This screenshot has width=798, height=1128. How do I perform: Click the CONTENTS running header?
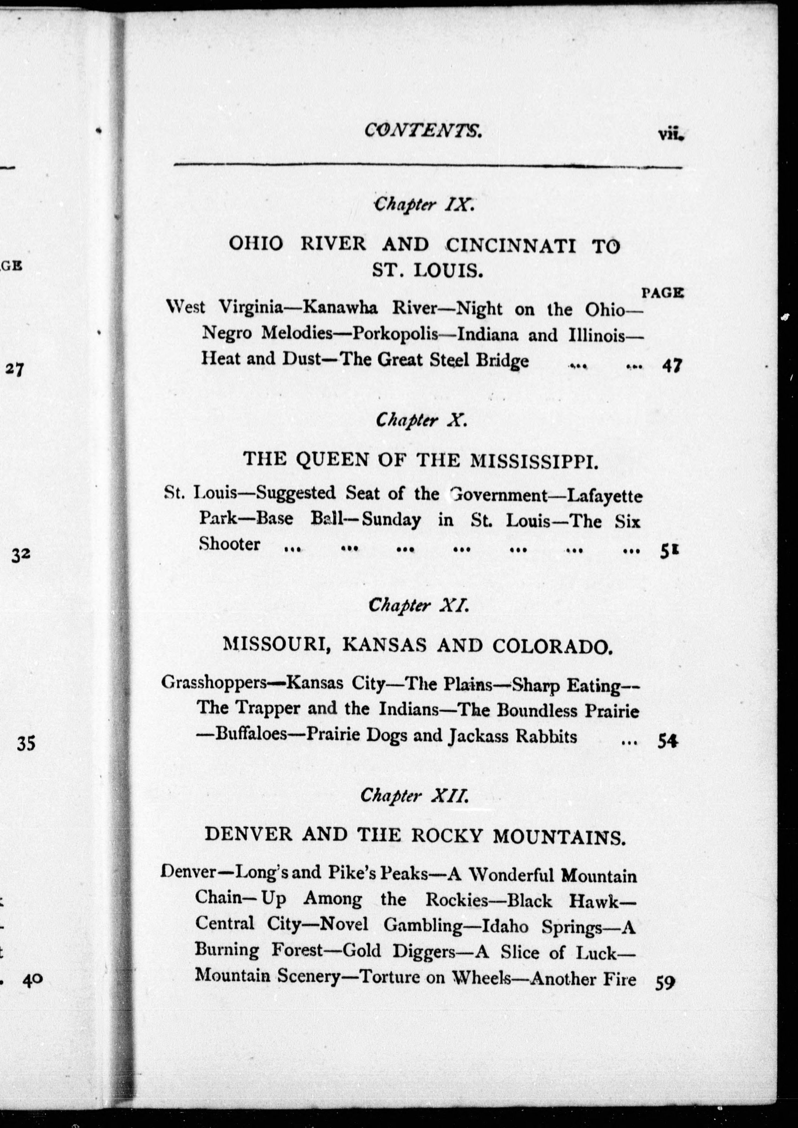coord(423,131)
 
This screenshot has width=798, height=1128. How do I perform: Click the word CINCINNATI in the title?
coord(511,245)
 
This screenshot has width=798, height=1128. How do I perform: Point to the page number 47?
coord(671,366)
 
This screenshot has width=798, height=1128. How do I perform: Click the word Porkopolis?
coord(395,334)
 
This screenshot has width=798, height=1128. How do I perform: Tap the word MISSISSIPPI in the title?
coord(534,460)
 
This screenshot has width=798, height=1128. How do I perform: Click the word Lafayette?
coord(604,496)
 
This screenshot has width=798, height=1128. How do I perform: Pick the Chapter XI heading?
coord(418,605)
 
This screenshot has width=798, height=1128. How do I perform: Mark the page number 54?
coord(668,741)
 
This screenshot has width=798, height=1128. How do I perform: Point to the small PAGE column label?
coord(662,293)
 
